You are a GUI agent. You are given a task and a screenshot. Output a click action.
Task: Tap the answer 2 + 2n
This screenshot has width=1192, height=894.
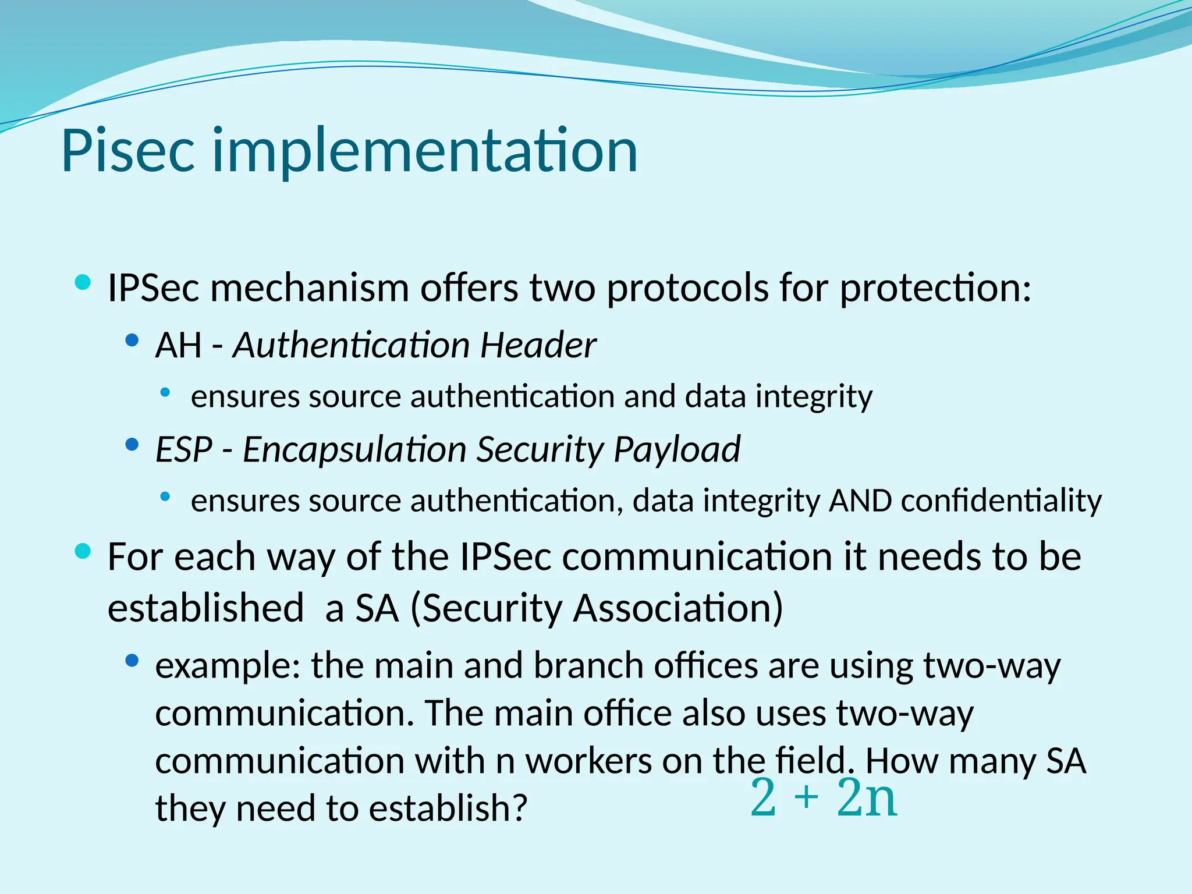(x=824, y=798)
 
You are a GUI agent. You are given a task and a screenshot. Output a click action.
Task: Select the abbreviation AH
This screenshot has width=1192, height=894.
(x=178, y=345)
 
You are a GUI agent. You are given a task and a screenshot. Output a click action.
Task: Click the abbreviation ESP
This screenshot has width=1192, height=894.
(x=183, y=449)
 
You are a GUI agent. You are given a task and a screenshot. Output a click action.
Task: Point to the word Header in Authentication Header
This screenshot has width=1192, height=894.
(x=537, y=345)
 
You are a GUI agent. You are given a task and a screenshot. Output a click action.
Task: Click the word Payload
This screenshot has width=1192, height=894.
(x=676, y=449)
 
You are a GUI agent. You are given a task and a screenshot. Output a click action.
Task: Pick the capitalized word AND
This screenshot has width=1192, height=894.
(x=860, y=501)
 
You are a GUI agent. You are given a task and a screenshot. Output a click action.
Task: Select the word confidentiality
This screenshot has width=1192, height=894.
(x=1001, y=501)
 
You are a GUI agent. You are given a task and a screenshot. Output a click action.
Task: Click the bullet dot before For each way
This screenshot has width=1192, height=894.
(x=83, y=551)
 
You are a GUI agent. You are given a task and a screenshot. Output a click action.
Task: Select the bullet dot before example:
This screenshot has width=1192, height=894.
(x=132, y=661)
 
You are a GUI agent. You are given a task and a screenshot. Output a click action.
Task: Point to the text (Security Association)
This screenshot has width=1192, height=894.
(x=597, y=608)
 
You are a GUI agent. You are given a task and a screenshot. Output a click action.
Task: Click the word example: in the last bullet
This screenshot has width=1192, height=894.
(x=228, y=666)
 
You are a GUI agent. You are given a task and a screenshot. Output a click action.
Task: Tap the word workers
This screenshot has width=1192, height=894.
(x=588, y=761)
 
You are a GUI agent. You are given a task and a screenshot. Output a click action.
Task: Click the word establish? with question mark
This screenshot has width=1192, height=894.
(x=448, y=808)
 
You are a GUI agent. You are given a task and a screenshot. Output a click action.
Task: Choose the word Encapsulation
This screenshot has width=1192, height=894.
(x=354, y=449)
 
